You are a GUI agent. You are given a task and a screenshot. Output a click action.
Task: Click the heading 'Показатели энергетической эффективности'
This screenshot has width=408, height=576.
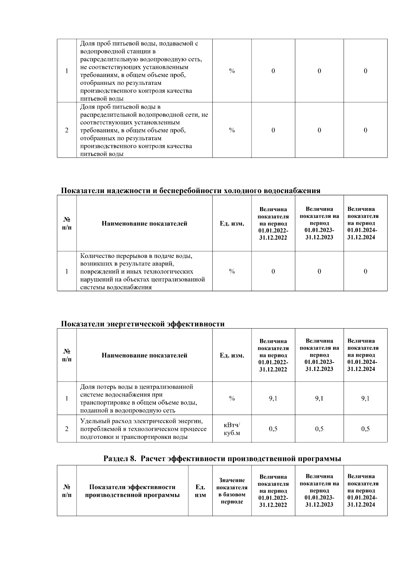[142, 324]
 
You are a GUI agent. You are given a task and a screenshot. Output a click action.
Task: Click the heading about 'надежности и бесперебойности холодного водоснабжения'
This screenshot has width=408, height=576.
[190, 190]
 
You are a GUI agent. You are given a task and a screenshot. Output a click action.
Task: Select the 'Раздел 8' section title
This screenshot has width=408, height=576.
[222, 459]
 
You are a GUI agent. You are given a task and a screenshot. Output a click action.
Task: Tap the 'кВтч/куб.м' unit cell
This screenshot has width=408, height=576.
[232, 429]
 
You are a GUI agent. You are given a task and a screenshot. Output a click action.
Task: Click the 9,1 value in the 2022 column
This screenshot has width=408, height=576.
[273, 398]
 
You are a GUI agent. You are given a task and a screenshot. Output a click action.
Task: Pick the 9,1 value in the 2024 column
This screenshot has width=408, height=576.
[365, 398]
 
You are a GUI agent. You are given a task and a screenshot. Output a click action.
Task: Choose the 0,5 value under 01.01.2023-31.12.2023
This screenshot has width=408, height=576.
[319, 429]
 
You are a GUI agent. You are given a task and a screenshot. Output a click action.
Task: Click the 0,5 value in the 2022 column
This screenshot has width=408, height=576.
[273, 429]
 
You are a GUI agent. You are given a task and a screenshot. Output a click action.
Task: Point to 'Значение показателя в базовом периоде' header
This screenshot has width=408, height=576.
[232, 491]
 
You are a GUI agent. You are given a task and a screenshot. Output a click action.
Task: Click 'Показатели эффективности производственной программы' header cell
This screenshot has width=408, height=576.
[132, 491]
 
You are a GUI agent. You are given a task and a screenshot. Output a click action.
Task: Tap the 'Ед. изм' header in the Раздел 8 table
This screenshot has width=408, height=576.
[200, 491]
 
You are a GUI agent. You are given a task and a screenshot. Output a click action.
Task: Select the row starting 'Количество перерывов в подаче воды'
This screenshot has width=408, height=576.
[142, 271]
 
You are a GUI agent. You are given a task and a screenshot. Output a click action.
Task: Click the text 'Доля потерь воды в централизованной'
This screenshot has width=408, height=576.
[137, 387]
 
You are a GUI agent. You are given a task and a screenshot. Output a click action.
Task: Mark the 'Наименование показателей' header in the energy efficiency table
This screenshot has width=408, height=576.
[144, 355]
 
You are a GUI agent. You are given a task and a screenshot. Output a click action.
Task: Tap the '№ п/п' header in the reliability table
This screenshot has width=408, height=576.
[67, 223]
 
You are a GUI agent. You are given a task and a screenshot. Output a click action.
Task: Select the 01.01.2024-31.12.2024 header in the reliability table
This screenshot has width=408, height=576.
[363, 223]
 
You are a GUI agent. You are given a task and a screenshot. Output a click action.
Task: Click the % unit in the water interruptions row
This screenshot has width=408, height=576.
[232, 271]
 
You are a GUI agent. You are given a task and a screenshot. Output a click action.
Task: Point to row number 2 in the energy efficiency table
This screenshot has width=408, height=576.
[67, 429]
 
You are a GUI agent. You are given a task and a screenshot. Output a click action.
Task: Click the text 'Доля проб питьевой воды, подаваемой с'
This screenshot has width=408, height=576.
[139, 43]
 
